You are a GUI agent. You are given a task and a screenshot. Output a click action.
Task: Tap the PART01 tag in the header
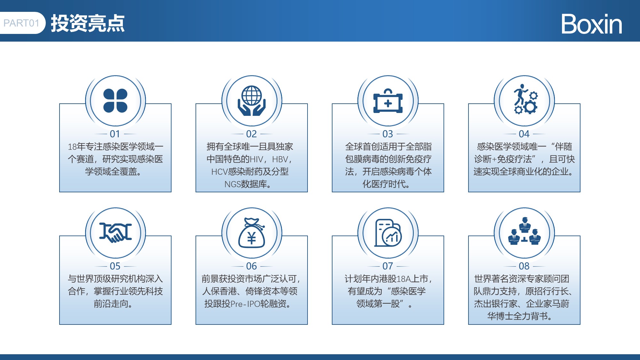pos(22,23)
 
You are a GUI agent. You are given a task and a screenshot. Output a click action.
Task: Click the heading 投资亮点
pos(88,23)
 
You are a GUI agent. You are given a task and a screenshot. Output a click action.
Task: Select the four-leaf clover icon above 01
pos(116,101)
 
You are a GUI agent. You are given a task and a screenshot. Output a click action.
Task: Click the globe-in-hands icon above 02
pos(252,101)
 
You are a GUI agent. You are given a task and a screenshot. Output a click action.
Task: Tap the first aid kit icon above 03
pos(388,101)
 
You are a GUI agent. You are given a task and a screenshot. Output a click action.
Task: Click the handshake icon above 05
pos(116,233)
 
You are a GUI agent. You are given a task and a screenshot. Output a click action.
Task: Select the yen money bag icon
pos(252,233)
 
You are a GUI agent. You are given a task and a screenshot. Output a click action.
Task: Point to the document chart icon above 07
pos(388,233)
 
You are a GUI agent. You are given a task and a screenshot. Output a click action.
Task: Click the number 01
pos(115,134)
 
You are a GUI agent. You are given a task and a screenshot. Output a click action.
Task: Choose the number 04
pos(524,134)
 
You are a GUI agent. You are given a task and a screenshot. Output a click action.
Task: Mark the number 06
pos(252,266)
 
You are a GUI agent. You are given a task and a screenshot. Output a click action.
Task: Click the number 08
pos(524,266)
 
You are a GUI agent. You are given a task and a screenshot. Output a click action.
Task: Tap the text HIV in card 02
pos(256,159)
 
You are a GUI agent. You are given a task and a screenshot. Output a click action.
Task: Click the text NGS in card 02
pos(232,184)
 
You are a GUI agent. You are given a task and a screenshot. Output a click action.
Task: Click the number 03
pos(388,134)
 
